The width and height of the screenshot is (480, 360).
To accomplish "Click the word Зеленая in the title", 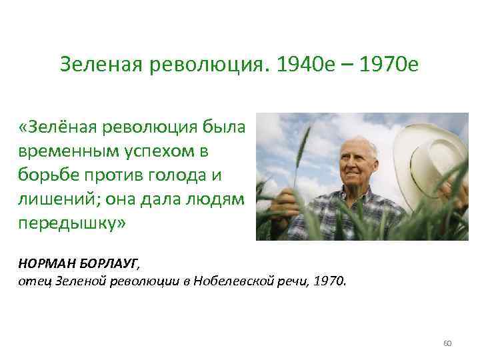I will click(101, 65).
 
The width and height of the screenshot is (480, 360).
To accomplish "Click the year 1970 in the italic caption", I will click(329, 281).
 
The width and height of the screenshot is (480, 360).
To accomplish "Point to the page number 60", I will click(447, 343).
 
